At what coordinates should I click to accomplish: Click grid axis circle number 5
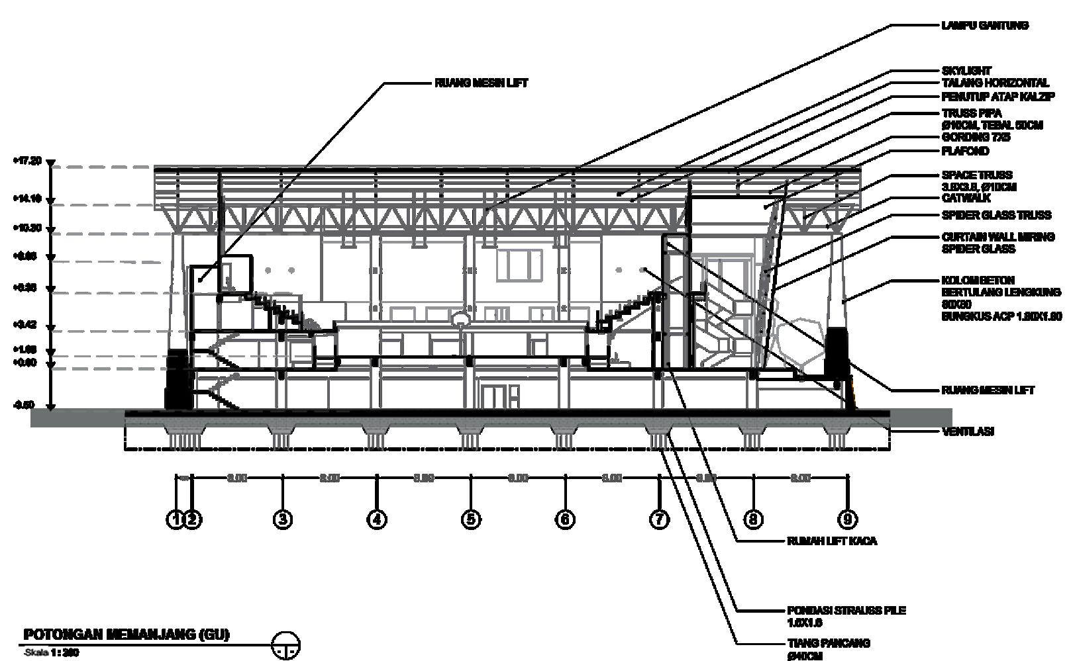[x=470, y=519]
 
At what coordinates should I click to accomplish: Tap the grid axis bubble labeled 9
[x=846, y=519]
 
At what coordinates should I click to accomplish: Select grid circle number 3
[x=282, y=519]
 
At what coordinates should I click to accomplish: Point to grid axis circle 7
[x=658, y=519]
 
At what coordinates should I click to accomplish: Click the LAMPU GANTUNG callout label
[x=984, y=26]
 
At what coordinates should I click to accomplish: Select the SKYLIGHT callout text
[x=966, y=71]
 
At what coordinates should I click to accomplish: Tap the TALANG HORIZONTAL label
[x=995, y=83]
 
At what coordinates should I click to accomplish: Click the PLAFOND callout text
[x=965, y=152]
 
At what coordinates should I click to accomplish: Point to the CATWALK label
[x=966, y=198]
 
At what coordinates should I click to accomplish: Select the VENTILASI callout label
[x=968, y=431]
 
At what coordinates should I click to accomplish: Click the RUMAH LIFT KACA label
[x=831, y=541]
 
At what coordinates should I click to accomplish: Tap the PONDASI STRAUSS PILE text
[x=846, y=610]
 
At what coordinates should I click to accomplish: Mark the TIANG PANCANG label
[x=829, y=643]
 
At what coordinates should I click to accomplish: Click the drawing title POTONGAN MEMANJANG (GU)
[x=127, y=635]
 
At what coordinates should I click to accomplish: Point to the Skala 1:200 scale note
[x=52, y=652]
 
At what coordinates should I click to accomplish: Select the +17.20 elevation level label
[x=26, y=161]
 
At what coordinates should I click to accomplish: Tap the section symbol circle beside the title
[x=286, y=644]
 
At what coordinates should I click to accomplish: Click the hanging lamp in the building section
[x=460, y=320]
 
